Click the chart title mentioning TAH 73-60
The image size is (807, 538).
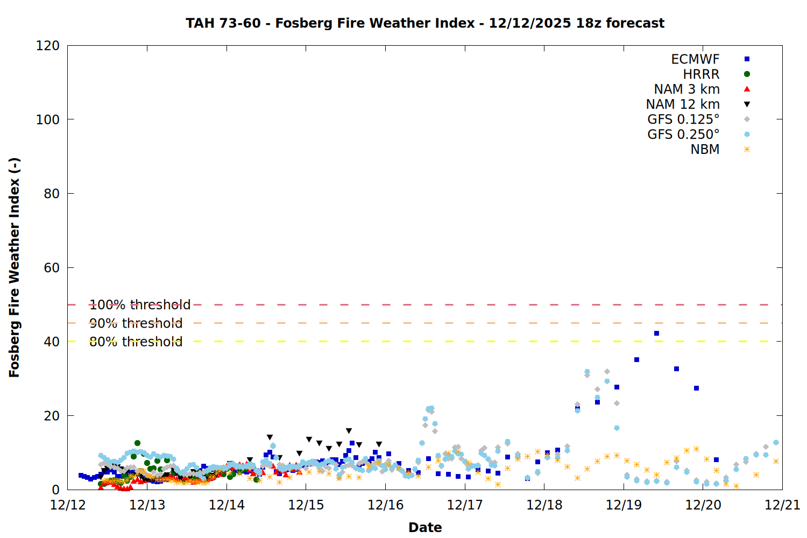coord(425,23)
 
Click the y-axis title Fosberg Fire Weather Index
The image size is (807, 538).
coord(15,267)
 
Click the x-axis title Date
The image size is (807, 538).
coord(425,527)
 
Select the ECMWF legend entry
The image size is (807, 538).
coord(695,59)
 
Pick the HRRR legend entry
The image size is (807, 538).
coord(701,74)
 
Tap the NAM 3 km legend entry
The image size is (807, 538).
coord(686,89)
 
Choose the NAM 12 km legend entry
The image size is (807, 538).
coord(683,104)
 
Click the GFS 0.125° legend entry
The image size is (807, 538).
coord(683,119)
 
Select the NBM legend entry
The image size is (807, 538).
coord(705,150)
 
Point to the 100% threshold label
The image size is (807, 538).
coord(140,305)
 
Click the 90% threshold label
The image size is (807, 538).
coord(136,323)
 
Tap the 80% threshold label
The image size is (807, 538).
coord(136,342)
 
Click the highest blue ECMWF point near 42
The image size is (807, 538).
coord(656,334)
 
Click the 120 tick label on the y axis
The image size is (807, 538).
coord(48,46)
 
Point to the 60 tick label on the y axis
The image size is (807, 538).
coord(52,268)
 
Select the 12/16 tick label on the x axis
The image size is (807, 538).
coord(385,505)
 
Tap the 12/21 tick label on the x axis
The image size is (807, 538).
coord(782,505)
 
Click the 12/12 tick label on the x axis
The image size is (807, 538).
coord(68,505)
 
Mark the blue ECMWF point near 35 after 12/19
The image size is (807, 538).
coord(636,359)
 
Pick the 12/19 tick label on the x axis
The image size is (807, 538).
coord(624,505)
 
